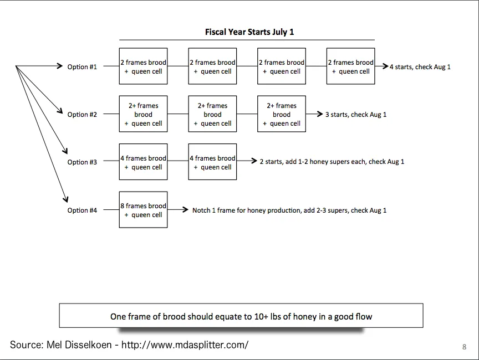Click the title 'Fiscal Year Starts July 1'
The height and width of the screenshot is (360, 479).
point(249,32)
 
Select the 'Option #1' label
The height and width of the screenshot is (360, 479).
point(82,67)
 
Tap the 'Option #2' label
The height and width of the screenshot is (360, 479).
point(82,115)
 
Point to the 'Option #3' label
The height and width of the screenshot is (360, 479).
point(82,162)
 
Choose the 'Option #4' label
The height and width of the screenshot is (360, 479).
point(82,210)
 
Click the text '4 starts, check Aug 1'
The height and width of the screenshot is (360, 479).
point(420,67)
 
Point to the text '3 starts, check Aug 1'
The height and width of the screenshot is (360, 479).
point(356,115)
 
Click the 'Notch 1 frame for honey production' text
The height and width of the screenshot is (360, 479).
point(246,210)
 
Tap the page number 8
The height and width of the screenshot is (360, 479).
point(465,347)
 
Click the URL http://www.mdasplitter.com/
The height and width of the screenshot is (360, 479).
point(185,344)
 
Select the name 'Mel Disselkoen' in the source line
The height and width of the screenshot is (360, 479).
point(79,344)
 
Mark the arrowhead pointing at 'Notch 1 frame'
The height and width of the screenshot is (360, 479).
point(185,209)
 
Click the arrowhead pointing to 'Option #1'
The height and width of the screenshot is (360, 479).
point(60,65)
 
